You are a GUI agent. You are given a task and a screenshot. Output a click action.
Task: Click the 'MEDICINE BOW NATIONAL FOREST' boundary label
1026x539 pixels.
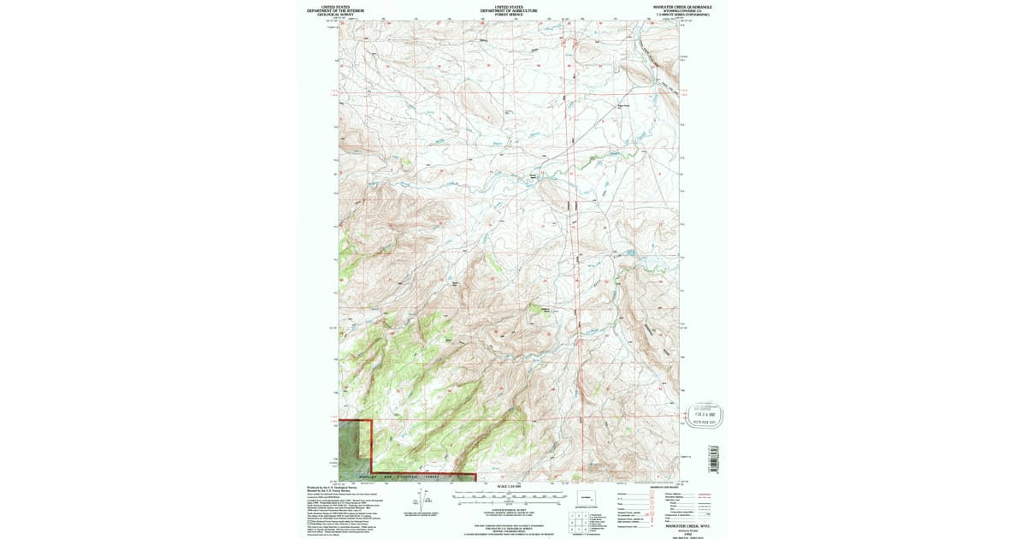coord(402,477)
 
